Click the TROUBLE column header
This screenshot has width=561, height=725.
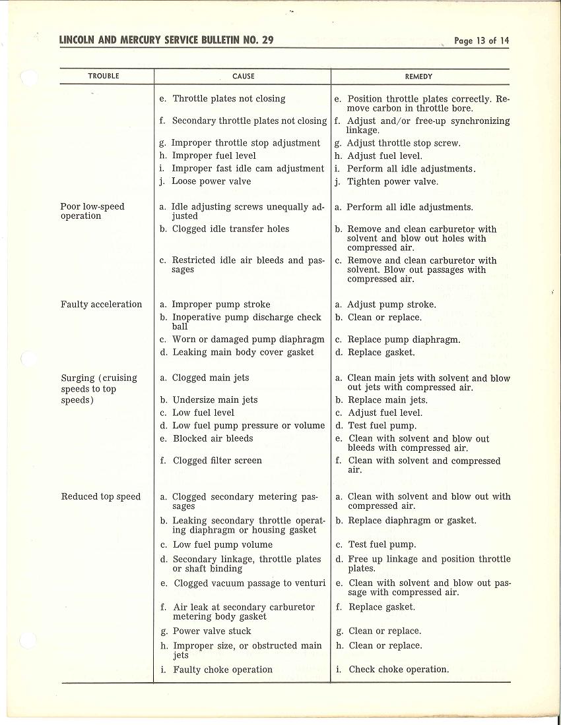104,76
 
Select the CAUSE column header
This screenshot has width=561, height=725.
244,76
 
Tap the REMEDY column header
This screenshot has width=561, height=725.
418,76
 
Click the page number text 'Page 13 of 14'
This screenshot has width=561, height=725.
482,41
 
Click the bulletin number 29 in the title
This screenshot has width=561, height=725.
267,40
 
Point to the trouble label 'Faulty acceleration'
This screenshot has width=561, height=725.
101,304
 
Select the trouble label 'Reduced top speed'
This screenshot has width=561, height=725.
100,497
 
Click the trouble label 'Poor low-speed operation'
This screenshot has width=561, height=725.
92,211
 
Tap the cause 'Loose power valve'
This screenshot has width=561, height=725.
211,181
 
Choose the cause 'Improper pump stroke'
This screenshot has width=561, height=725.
221,304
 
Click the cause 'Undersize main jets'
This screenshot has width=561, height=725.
215,400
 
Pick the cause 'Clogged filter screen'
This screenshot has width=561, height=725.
217,461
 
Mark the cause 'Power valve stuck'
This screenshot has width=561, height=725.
212,631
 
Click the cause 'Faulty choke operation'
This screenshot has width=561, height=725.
222,670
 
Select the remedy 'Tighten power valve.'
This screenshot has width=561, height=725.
392,182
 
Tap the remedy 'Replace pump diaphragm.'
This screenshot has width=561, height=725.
404,340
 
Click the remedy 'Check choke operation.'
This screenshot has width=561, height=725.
399,670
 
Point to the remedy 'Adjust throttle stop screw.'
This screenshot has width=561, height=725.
404,143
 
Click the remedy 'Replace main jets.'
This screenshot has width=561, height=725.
387,400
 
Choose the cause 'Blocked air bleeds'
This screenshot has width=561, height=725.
213,438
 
